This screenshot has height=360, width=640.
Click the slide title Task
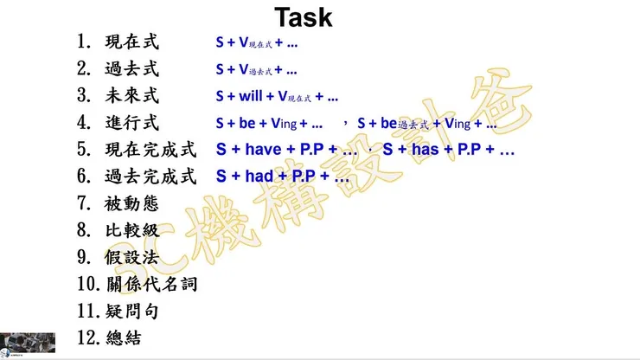pyautogui.click(x=304, y=17)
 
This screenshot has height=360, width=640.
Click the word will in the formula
pyautogui.click(x=250, y=96)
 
